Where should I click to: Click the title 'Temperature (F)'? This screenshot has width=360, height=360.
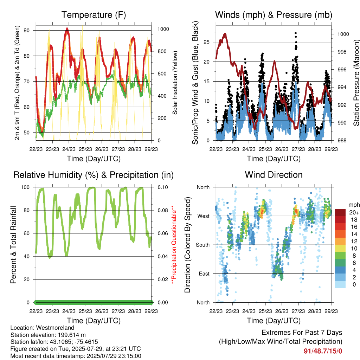94,15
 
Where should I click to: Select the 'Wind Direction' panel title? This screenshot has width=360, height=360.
274,175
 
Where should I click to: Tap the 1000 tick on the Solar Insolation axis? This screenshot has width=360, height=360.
163,29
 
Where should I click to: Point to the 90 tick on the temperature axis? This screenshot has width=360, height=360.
27,30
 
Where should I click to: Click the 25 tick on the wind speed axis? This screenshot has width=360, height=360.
207,42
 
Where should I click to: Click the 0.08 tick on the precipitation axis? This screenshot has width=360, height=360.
163,210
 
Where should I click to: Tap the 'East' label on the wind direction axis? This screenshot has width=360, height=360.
204,274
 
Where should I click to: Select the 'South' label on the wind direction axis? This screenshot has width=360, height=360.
203,245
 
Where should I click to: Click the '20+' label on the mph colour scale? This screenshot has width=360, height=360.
354,212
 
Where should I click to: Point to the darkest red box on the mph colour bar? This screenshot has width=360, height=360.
340,212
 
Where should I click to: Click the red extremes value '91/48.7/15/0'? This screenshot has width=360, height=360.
323,351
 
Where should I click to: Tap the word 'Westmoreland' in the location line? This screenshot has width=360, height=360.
55,328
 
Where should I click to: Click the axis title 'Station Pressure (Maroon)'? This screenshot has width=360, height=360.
356,83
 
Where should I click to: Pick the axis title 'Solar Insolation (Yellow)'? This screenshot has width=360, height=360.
175,83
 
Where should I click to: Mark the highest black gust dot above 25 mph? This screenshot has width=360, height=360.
296,33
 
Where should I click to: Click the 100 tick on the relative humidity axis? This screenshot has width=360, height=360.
25,187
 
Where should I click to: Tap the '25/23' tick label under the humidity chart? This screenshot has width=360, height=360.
85,311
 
